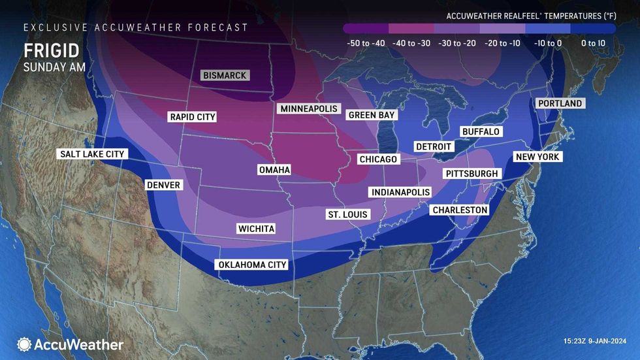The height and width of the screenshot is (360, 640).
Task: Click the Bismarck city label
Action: (x=225, y=76)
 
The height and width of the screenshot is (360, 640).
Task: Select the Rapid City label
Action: (x=192, y=117)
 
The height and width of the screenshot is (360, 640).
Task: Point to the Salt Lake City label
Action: (x=91, y=154)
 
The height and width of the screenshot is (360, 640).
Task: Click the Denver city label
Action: (x=163, y=185)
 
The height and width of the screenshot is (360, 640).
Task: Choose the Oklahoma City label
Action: (x=251, y=265)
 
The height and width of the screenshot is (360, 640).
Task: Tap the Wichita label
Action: (x=256, y=229)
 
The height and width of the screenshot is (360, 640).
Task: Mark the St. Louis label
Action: (x=348, y=214)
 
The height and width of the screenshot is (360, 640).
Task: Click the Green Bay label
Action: (x=372, y=115)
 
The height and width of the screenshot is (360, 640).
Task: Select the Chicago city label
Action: (x=378, y=159)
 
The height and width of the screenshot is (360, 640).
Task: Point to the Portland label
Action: (x=560, y=103)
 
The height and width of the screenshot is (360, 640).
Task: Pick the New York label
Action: (x=538, y=157)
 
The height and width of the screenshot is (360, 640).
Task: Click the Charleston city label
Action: (x=460, y=210)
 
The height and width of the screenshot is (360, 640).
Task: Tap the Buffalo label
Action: (x=481, y=131)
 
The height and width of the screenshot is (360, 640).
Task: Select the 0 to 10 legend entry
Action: (x=592, y=43)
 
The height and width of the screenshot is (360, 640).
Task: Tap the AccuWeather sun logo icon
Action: (x=24, y=344)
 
